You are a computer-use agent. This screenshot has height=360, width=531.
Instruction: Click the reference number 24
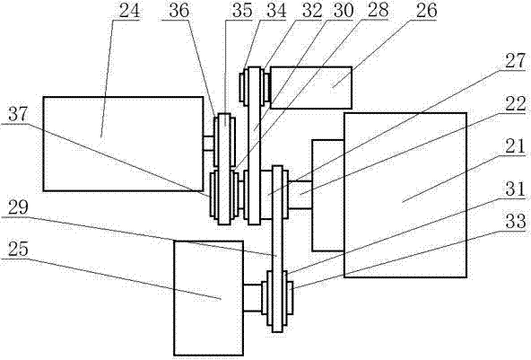(129, 11)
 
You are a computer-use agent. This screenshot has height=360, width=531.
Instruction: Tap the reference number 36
(178, 11)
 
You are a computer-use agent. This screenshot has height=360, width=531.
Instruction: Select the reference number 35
(242, 11)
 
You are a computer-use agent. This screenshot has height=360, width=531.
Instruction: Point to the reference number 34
(276, 11)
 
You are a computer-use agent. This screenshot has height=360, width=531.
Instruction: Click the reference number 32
(311, 11)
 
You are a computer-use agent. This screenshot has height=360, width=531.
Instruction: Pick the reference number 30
(343, 11)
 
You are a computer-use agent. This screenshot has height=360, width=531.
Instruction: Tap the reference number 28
(378, 10)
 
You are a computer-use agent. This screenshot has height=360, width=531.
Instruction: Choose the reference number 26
(426, 10)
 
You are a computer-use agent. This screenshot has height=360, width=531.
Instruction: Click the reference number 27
(515, 61)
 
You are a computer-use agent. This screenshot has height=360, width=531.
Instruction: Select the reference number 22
(515, 103)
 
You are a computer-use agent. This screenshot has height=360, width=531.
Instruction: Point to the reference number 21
(515, 146)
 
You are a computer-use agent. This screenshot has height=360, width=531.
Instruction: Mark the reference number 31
(515, 189)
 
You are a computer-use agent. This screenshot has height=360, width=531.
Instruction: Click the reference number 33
(515, 221)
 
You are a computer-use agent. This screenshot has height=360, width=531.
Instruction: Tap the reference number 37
(18, 114)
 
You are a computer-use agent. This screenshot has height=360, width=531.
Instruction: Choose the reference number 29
(18, 207)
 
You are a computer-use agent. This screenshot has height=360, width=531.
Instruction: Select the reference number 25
(18, 250)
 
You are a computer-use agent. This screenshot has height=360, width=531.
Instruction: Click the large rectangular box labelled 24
(123, 144)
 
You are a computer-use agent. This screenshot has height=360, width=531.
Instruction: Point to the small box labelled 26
(311, 87)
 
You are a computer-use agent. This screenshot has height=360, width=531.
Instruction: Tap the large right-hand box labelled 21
(405, 195)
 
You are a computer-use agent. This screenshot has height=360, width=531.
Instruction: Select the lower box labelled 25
(208, 298)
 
